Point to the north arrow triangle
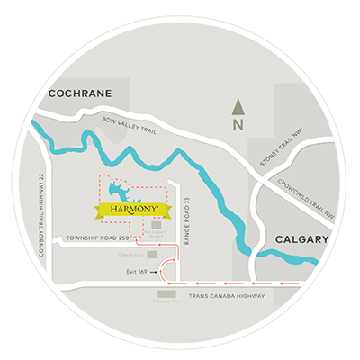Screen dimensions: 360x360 click(x=238, y=106)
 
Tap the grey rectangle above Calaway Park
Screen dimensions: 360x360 click(x=167, y=293)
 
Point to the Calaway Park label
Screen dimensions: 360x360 click(x=166, y=303)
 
